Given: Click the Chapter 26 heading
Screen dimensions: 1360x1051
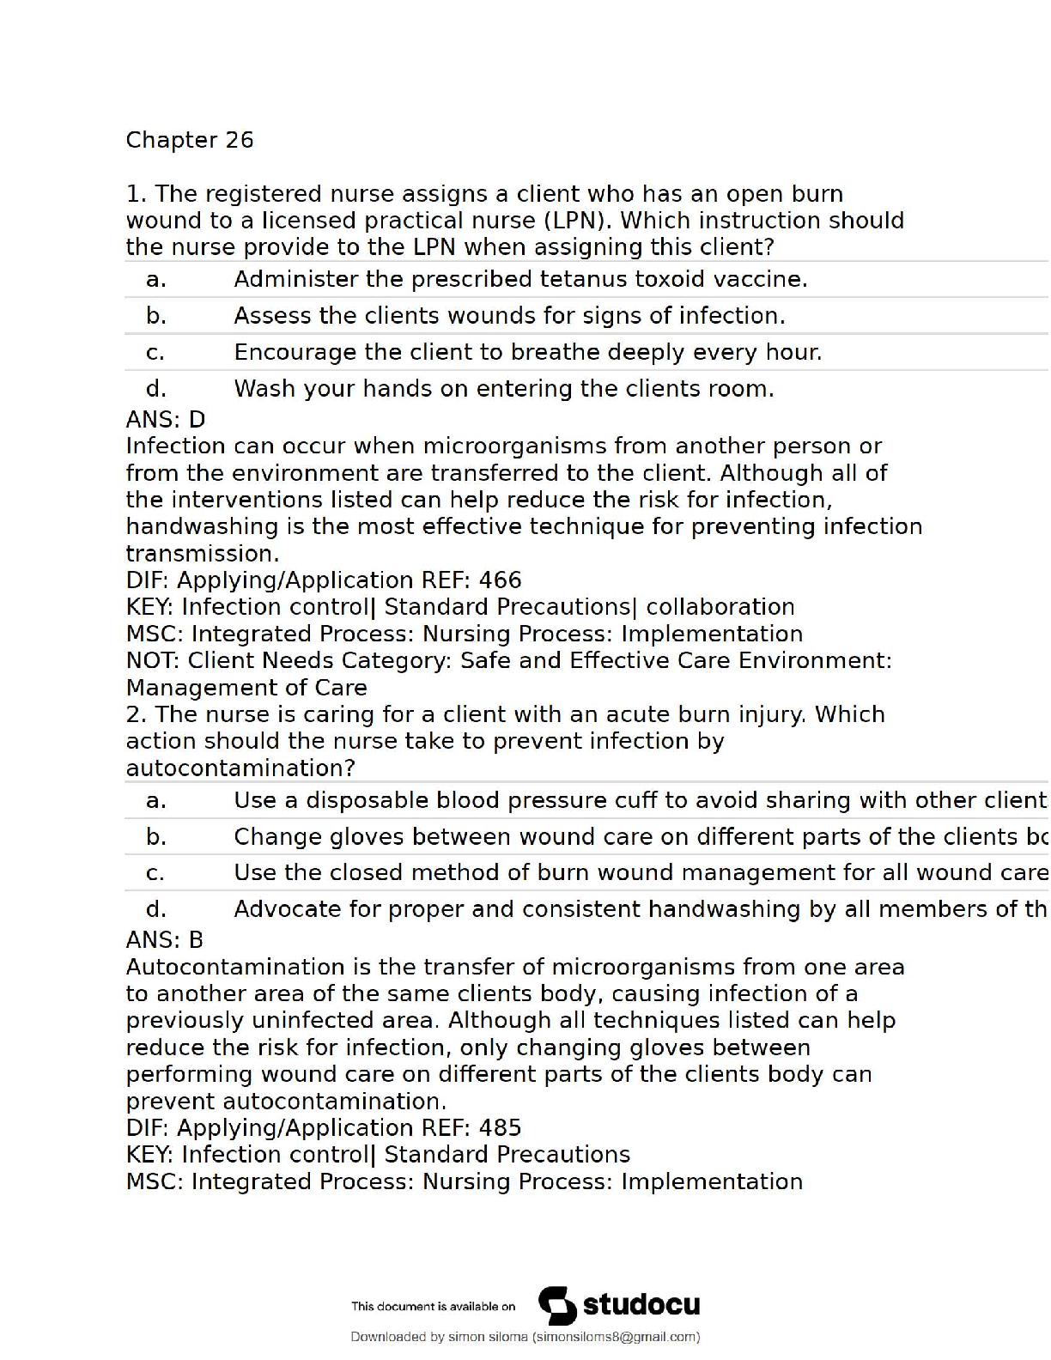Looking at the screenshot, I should click(190, 140).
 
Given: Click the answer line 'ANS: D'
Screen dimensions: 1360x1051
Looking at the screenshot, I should click(166, 419).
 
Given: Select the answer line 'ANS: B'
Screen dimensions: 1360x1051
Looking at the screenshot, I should click(165, 939).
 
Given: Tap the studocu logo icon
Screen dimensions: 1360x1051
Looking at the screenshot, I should click(557, 1306).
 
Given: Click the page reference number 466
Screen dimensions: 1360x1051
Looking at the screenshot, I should click(500, 580).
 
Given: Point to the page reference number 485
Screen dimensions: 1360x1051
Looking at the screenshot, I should click(500, 1127).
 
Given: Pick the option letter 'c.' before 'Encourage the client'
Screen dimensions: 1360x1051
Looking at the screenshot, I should click(155, 352).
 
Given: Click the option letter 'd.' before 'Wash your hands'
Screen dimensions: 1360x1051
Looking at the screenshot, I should click(156, 389).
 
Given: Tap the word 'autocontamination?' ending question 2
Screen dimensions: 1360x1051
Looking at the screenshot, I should click(240, 768).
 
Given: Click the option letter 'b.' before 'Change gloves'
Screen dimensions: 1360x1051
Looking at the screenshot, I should click(156, 836).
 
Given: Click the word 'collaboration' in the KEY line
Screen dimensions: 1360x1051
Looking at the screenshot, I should click(720, 607).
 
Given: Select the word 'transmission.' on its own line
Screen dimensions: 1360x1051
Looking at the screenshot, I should click(203, 554).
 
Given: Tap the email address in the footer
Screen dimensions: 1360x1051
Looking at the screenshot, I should click(616, 1337).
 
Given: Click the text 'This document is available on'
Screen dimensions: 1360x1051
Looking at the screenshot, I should click(433, 1307).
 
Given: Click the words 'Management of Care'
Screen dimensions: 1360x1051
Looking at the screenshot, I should click(246, 688).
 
